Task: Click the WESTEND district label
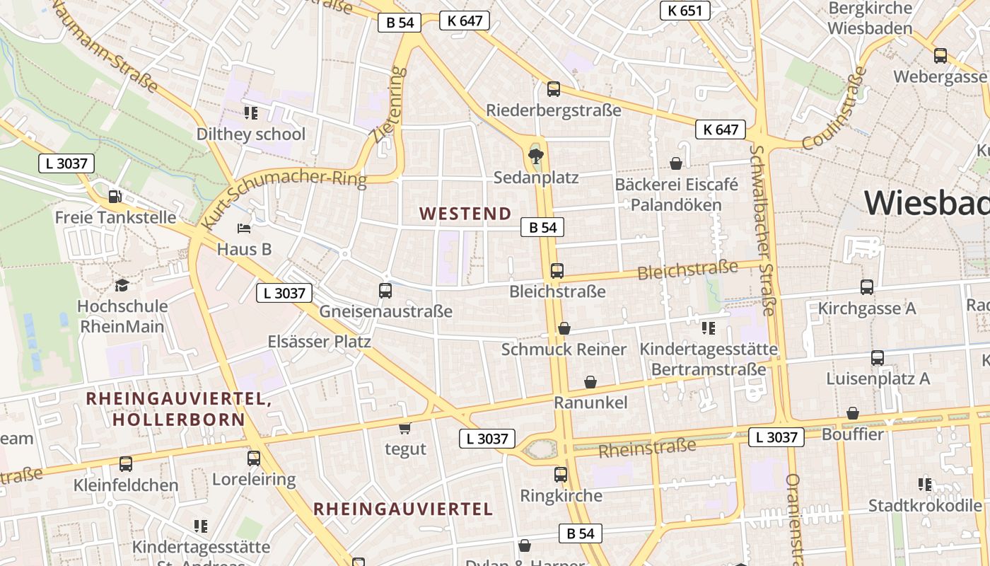(x=465, y=214)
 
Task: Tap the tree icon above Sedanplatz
(x=536, y=156)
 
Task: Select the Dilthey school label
(x=251, y=134)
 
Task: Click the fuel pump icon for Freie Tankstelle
(x=115, y=196)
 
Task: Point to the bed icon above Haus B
(x=244, y=229)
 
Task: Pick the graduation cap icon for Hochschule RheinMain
(x=122, y=285)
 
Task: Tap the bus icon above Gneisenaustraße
(x=385, y=290)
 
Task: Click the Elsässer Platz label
(x=319, y=342)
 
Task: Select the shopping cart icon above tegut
(x=405, y=428)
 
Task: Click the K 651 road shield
(x=685, y=11)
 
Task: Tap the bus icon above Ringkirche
(x=561, y=475)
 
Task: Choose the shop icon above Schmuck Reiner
(x=564, y=328)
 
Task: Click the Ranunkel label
(x=590, y=403)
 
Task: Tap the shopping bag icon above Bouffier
(x=853, y=413)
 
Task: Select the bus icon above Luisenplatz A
(x=878, y=358)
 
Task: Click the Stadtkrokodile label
(x=925, y=506)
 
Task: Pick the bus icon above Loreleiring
(x=254, y=458)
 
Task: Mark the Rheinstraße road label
(x=647, y=448)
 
